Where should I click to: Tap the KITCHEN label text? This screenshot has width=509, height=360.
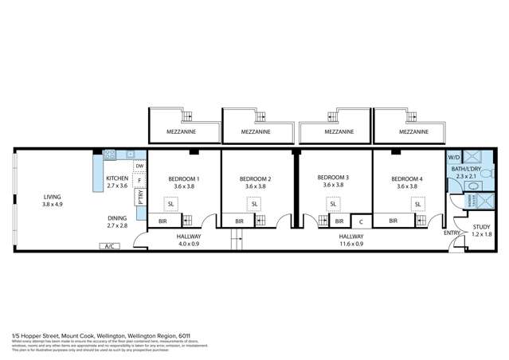[x=117, y=178]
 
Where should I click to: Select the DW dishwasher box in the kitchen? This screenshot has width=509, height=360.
[x=139, y=166]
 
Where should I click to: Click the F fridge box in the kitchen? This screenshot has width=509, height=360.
[x=139, y=180]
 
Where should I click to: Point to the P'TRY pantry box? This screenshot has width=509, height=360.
[x=140, y=196]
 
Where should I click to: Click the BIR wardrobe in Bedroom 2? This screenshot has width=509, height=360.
[x=237, y=221]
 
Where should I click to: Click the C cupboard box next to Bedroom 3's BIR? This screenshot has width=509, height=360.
[x=361, y=221]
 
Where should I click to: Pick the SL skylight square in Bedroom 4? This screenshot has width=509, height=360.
[x=417, y=204]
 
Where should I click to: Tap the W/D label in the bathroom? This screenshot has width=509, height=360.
[x=454, y=157]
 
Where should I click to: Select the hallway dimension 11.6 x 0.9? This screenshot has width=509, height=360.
[x=351, y=245]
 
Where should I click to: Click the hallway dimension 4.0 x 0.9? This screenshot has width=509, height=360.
[x=189, y=245]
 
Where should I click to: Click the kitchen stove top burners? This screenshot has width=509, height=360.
[x=110, y=154]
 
